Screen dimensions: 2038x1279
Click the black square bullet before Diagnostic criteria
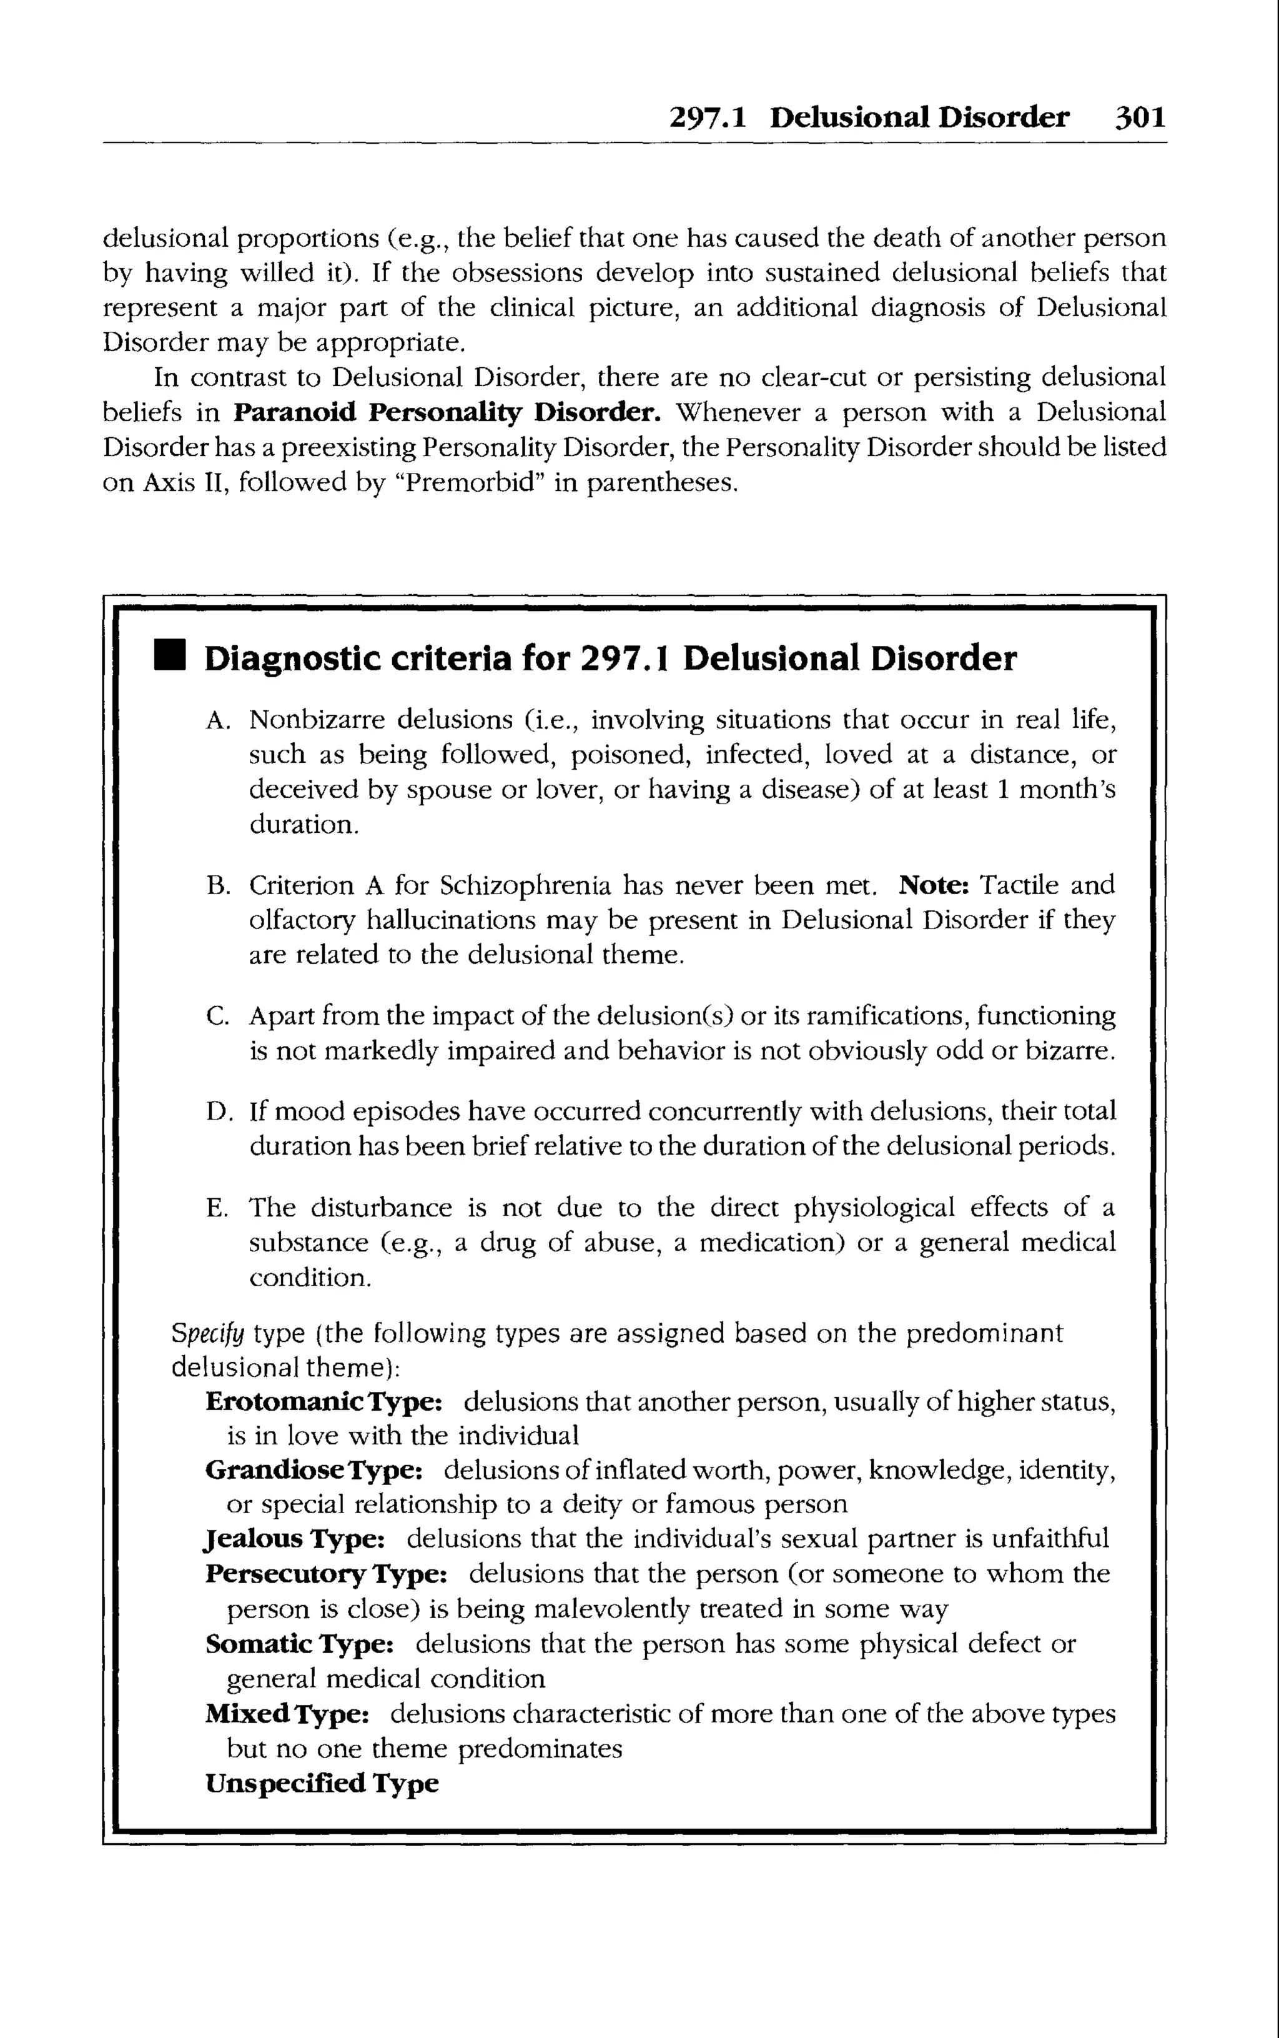click(169, 657)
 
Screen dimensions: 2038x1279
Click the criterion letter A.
click(217, 721)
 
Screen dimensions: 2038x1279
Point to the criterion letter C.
click(217, 1016)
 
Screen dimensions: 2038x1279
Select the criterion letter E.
click(217, 1208)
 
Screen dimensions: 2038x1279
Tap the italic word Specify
click(207, 1334)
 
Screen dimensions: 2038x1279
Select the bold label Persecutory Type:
click(325, 1574)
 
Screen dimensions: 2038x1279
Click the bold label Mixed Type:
click(287, 1713)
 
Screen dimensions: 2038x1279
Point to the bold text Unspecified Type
click(322, 1782)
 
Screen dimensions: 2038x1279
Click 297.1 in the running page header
click(707, 117)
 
